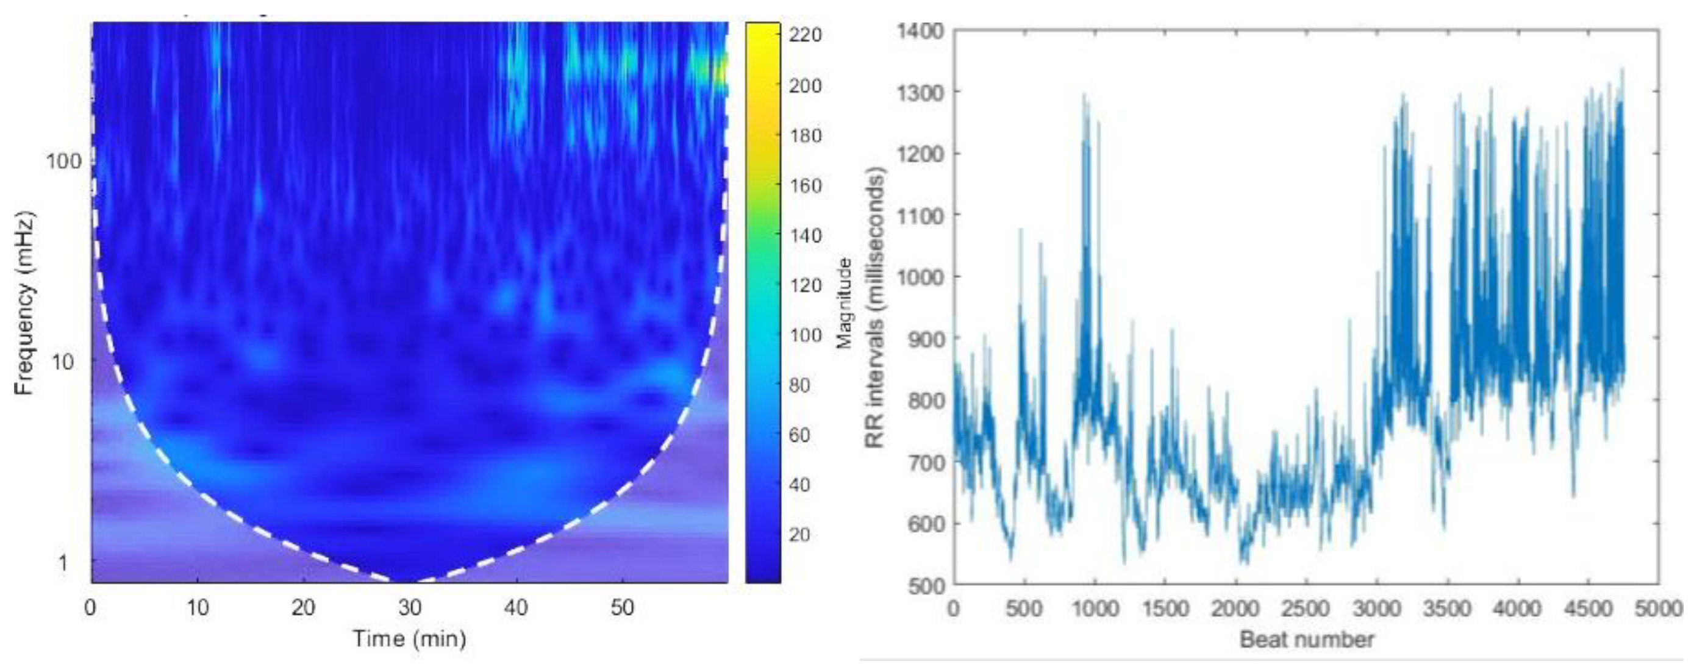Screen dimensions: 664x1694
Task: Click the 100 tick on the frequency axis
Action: point(64,161)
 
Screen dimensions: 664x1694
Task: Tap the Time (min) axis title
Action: point(409,638)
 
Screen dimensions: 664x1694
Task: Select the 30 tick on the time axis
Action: point(409,607)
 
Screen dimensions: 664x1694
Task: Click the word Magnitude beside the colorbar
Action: point(845,302)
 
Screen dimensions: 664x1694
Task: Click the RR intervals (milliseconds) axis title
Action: point(874,308)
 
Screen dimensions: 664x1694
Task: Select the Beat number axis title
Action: point(1306,639)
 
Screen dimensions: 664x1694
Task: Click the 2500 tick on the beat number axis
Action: point(1306,608)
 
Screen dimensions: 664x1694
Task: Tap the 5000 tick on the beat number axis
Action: point(1659,608)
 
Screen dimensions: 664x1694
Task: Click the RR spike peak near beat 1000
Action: point(1084,96)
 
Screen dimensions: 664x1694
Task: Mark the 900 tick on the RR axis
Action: point(924,338)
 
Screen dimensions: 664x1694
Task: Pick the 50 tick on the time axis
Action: point(622,607)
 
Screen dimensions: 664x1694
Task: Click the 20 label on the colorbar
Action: point(799,535)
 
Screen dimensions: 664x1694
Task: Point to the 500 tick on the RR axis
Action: point(924,585)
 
